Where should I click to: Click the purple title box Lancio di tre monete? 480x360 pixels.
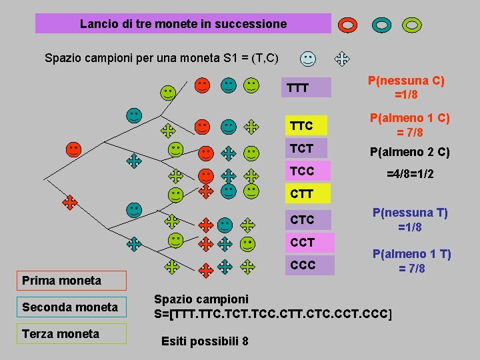coord(183,24)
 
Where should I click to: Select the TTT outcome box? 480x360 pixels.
coord(307,87)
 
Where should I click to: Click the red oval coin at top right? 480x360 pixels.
coord(348,25)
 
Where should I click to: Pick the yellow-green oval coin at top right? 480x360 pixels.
coord(412,25)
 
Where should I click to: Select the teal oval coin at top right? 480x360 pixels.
coord(381,25)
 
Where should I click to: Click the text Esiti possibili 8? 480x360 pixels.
coord(205,341)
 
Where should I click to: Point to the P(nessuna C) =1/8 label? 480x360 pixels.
coord(406,87)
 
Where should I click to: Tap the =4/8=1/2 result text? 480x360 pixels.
coord(410,173)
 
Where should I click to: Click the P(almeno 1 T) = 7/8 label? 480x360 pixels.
coord(411,261)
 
